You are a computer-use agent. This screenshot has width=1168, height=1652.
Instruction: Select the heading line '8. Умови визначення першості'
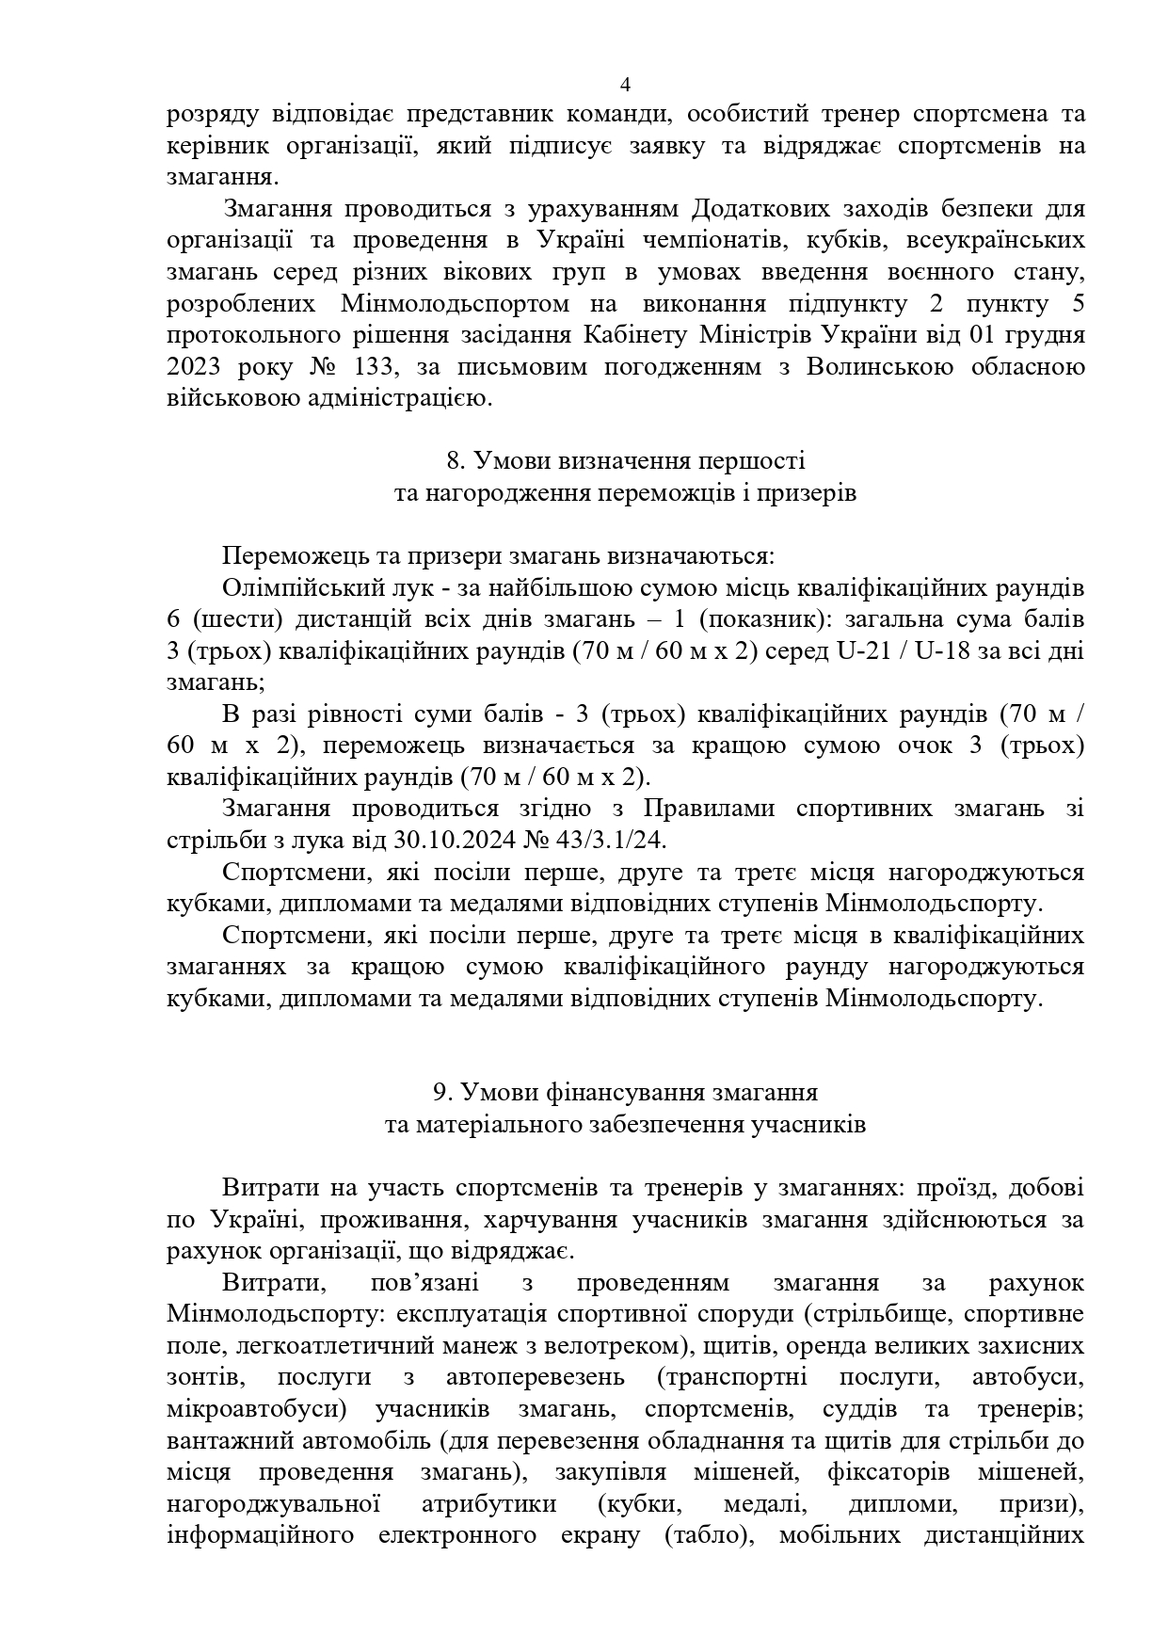point(625,461)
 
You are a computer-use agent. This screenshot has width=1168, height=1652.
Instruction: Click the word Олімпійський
point(305,588)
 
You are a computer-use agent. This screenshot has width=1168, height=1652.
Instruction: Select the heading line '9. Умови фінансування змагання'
point(625,1093)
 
